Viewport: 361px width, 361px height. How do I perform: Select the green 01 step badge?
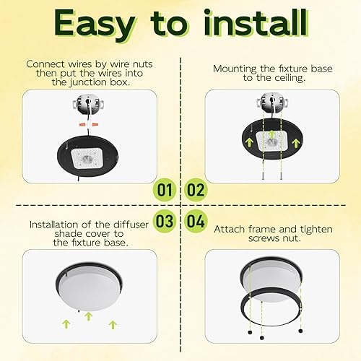(x=165, y=191)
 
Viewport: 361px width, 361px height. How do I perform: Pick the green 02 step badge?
(x=195, y=191)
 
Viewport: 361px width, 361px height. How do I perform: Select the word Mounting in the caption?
(x=235, y=69)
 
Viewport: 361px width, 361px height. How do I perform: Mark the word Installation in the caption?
(x=59, y=225)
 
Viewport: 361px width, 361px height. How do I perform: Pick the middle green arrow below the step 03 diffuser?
(x=88, y=315)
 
